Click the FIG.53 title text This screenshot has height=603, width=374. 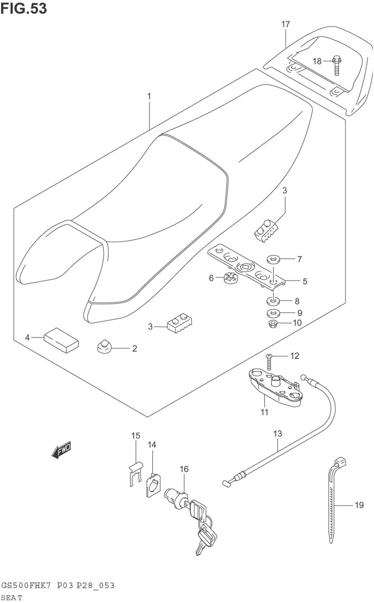coord(24,8)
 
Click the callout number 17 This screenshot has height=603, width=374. coord(285,24)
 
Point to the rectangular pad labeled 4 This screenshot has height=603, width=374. coord(61,340)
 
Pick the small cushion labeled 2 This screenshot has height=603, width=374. coord(104,346)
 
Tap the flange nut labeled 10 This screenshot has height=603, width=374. coord(273,323)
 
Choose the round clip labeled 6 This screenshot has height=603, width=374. coord(230,278)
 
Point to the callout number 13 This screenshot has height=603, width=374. coord(277,434)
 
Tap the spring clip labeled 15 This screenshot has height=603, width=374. coord(135,473)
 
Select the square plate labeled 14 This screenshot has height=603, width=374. coord(153,486)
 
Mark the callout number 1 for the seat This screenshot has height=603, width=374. coord(149,96)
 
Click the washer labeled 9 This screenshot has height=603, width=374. coord(274,313)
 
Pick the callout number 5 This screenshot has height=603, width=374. coord(305,281)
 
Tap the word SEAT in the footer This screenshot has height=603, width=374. coord(12,597)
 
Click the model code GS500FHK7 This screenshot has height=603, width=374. coord(26,585)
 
